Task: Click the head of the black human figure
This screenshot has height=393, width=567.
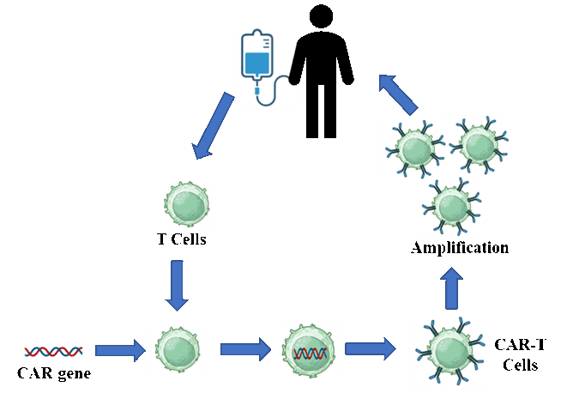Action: click(321, 16)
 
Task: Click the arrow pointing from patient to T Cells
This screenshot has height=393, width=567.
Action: click(213, 125)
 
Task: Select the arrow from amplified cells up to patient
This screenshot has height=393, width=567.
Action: click(398, 94)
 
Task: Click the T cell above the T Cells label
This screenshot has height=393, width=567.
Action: click(187, 204)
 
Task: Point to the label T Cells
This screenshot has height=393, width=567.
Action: click(182, 239)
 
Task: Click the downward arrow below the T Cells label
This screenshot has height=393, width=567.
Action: click(177, 286)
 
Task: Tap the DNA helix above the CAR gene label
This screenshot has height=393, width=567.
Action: click(53, 351)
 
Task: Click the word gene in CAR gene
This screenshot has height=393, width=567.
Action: click(74, 374)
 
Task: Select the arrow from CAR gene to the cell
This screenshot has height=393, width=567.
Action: click(120, 350)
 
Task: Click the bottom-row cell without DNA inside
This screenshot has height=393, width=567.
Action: click(178, 349)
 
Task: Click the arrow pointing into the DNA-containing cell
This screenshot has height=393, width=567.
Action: click(245, 349)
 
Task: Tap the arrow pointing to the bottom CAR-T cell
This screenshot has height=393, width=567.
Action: click(371, 349)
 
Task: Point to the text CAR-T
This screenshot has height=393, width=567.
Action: click(520, 344)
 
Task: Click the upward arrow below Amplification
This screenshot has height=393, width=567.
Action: click(452, 288)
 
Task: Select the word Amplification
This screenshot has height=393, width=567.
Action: click(460, 248)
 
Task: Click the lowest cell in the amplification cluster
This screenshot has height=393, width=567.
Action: click(451, 206)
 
